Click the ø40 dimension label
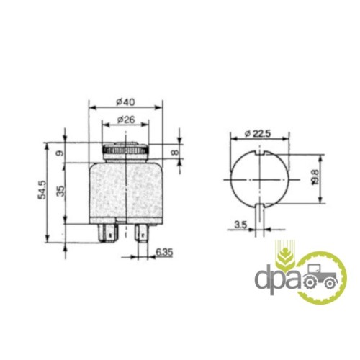125,102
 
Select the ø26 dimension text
126,120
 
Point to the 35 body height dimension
61,191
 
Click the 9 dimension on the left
60,153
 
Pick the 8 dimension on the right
176,153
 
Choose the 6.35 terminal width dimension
164,253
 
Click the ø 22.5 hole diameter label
258,134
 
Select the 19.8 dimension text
315,177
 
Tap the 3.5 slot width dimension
240,225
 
